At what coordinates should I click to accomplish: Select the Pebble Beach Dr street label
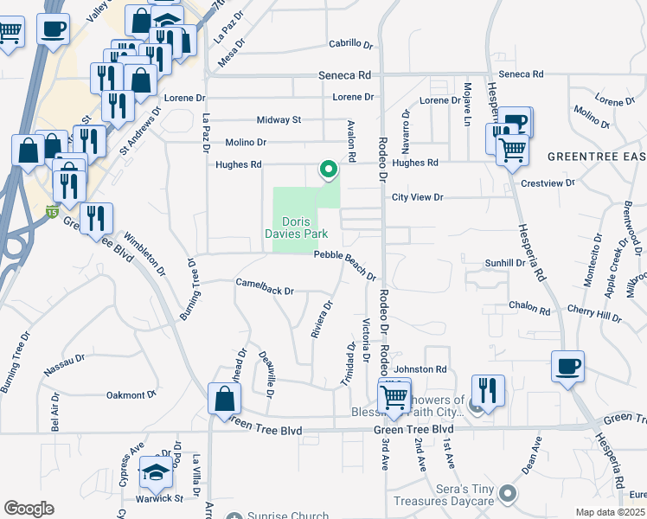[x=345, y=265]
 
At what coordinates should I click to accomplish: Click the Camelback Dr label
[x=266, y=285]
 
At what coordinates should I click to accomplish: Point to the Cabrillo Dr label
[x=350, y=43]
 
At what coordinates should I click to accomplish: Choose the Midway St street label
[x=279, y=119]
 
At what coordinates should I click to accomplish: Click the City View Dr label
[x=417, y=197]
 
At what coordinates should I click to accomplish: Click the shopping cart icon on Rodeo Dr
[x=394, y=397]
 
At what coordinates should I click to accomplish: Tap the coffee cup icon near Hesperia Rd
[x=568, y=366]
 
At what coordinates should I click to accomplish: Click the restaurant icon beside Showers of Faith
[x=488, y=390]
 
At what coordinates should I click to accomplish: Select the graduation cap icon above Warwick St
[x=157, y=472]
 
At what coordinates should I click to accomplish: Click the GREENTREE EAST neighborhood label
[x=597, y=157]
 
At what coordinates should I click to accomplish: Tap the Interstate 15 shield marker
[x=54, y=210]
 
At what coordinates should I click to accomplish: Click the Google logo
[x=28, y=508]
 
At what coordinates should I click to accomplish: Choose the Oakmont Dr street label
[x=130, y=394]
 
